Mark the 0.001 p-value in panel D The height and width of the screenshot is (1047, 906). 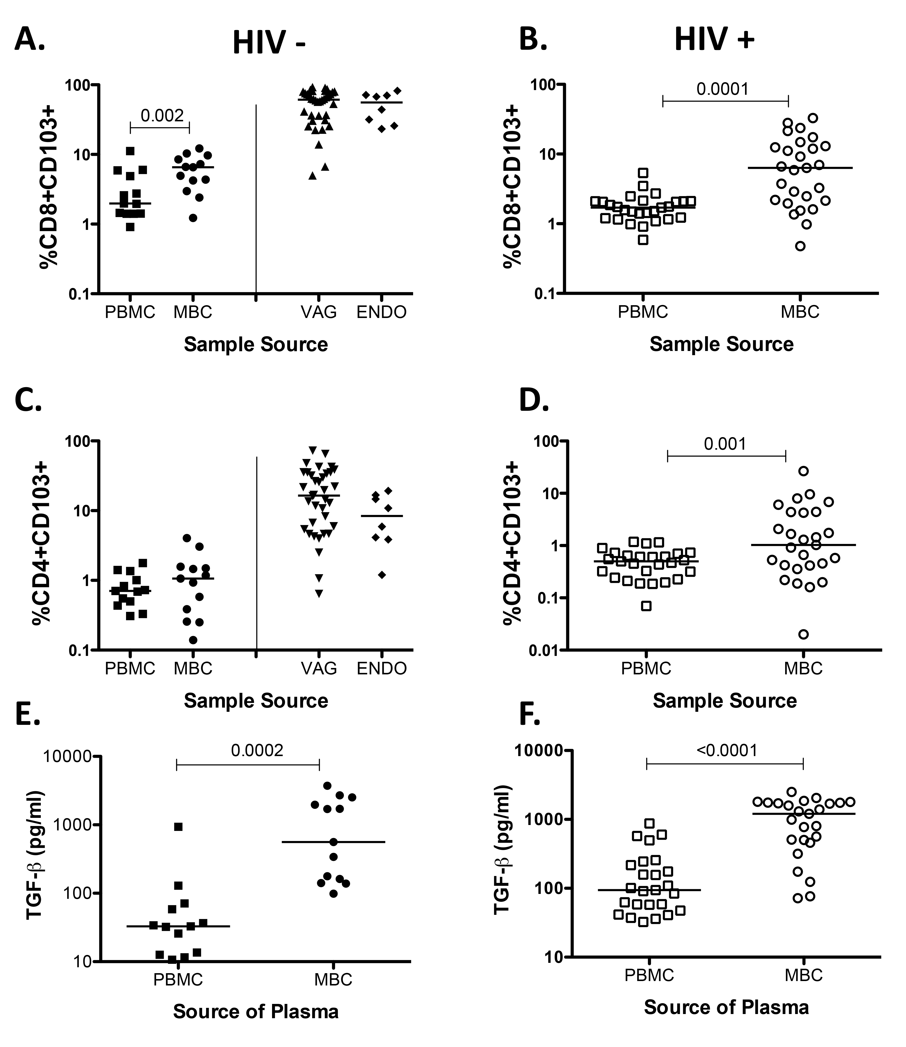(x=725, y=444)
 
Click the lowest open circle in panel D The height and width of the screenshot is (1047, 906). (x=803, y=634)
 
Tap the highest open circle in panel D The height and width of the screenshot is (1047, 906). (x=803, y=471)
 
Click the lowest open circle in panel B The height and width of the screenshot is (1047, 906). (x=800, y=246)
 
